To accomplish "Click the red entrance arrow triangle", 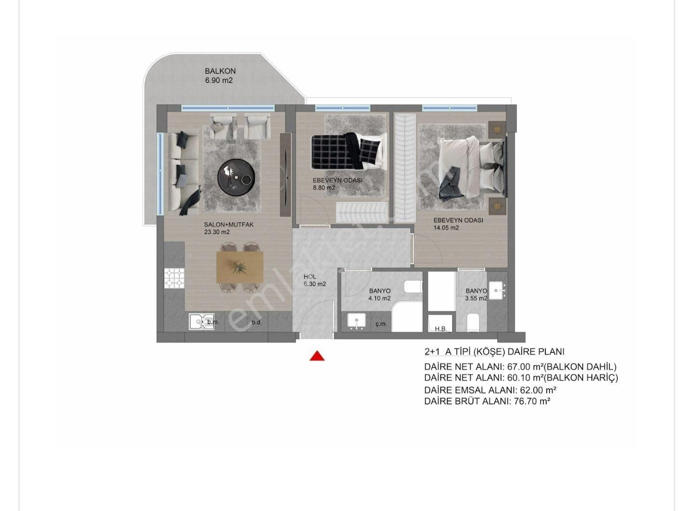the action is click(x=317, y=356).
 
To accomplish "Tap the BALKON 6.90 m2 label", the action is click(x=220, y=76).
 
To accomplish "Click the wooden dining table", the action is click(x=240, y=267).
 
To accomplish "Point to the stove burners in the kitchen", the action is click(x=174, y=278).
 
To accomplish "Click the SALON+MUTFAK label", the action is click(x=229, y=225).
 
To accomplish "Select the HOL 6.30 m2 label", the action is click(x=315, y=280).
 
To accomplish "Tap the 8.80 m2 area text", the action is click(x=324, y=188).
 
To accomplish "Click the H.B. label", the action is click(x=441, y=329).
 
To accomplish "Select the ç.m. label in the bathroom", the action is click(x=381, y=324).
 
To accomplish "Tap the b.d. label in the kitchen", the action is click(x=257, y=322).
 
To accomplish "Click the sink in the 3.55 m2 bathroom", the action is click(x=497, y=291).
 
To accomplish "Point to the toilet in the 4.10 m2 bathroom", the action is click(x=413, y=286).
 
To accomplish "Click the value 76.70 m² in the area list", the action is click(x=532, y=401).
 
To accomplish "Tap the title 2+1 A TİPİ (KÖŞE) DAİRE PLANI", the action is click(x=494, y=352).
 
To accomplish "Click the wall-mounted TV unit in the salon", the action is click(x=285, y=175).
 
